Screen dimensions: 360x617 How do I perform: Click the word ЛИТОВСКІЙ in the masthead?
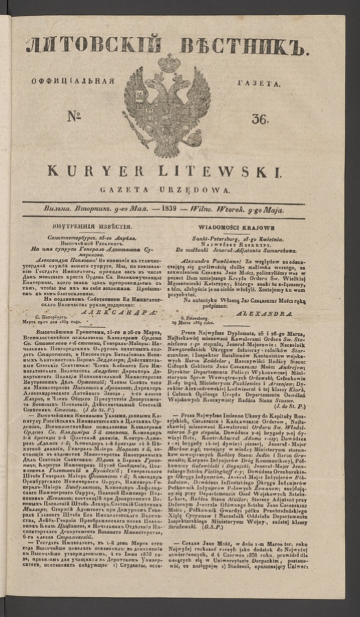pyautogui.click(x=90, y=46)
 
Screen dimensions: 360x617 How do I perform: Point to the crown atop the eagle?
pyautogui.click(x=169, y=64)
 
